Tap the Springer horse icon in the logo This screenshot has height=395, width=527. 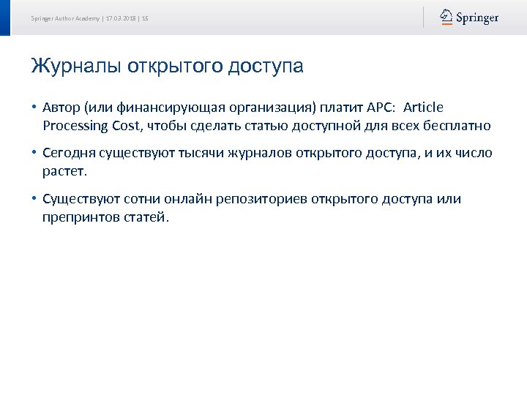(446, 17)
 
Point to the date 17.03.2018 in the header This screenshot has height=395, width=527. (120, 18)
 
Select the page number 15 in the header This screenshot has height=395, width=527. (145, 18)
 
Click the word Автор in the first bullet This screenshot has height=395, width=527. (61, 108)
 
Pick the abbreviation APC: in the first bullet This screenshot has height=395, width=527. (378, 108)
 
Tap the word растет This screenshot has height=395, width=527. (64, 172)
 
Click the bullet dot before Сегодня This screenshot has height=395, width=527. (34, 154)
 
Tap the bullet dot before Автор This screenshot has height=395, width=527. (34, 108)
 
